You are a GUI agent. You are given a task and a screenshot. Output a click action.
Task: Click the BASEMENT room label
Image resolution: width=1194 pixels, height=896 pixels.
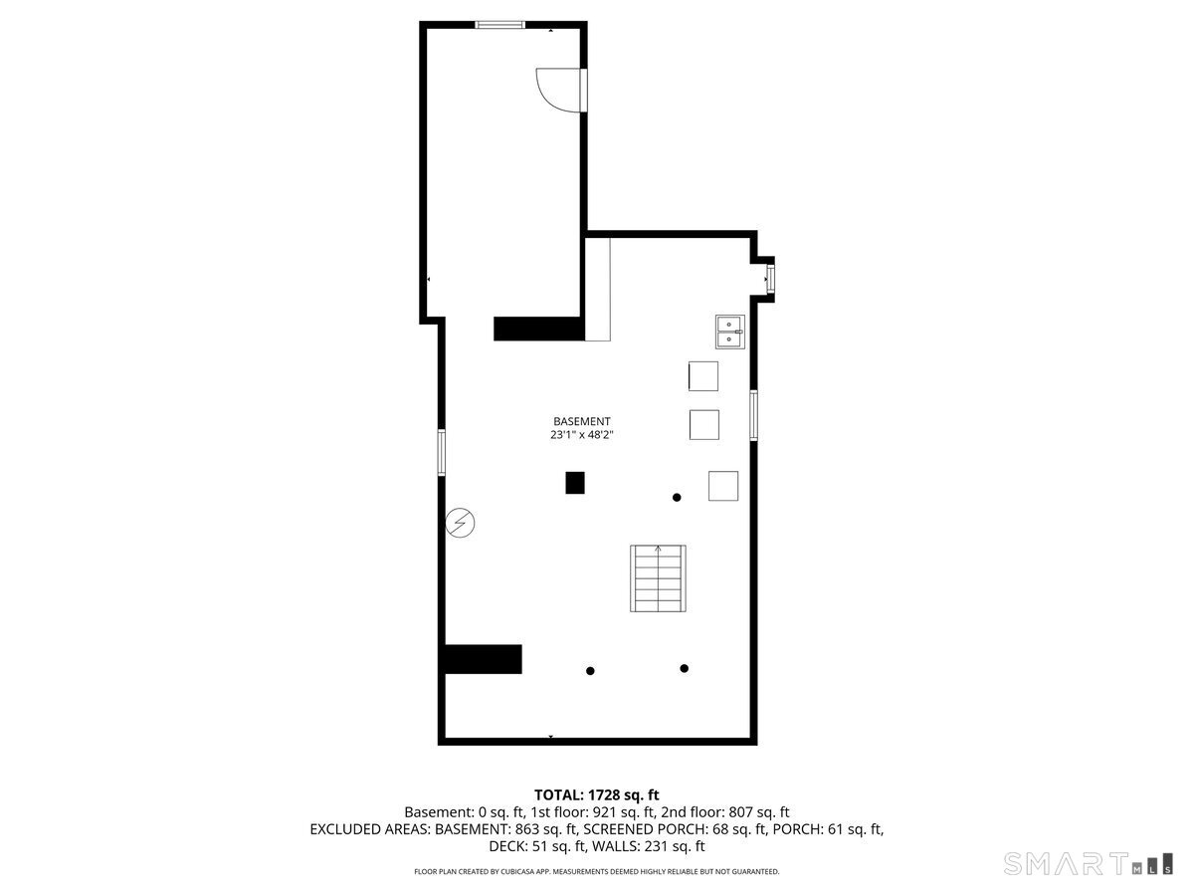point(581,421)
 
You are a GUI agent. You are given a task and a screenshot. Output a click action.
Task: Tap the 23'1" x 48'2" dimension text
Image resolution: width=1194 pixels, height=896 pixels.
point(581,435)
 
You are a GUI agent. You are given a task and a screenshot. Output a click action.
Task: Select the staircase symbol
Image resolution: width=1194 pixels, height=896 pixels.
point(658,578)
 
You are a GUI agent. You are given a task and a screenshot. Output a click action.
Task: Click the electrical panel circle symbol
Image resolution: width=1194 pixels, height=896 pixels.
point(460,524)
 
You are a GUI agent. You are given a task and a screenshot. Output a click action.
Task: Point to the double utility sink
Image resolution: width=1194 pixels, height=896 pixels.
point(730,332)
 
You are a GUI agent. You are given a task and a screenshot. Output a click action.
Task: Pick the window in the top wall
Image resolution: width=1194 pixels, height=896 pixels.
point(499,25)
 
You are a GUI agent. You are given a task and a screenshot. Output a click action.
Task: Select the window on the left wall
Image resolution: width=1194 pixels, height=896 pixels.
point(441,453)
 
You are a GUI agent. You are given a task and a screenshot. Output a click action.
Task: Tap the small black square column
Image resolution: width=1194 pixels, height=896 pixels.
point(575,483)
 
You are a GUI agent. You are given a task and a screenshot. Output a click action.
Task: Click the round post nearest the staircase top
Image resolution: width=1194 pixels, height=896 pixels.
point(677,497)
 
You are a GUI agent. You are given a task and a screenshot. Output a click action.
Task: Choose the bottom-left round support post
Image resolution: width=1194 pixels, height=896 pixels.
point(590,671)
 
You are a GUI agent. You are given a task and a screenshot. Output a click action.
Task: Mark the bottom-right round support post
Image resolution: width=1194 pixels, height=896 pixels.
point(685,669)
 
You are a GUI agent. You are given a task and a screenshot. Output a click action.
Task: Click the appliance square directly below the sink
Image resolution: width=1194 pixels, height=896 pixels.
point(703,376)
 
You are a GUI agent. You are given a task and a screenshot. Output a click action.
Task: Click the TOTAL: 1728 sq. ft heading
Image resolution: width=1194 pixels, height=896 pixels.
point(597,795)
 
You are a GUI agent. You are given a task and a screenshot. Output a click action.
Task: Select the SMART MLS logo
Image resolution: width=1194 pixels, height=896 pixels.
point(1088,864)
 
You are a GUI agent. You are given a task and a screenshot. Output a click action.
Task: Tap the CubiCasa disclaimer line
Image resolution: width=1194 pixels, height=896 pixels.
point(597,871)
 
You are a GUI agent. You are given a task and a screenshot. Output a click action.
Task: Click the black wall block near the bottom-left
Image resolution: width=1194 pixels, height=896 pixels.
point(483,659)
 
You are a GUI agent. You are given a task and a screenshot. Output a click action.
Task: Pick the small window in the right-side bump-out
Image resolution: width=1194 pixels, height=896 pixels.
point(770,279)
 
